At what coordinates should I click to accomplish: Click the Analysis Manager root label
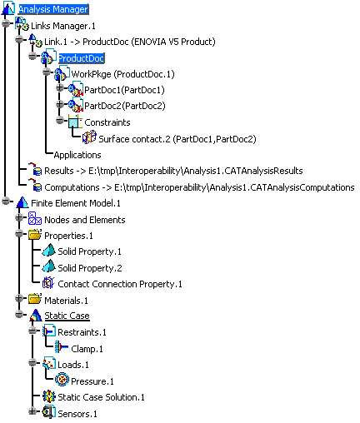pyautogui.click(x=53, y=9)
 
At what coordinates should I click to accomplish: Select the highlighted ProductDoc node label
pyautogui.click(x=81, y=58)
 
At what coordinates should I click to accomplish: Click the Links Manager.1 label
pyautogui.click(x=63, y=26)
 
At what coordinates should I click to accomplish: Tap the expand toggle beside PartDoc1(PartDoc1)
pyautogui.click(x=59, y=88)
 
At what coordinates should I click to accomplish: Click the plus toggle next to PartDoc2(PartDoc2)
pyautogui.click(x=59, y=104)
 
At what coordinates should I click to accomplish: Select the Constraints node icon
pyautogui.click(x=75, y=122)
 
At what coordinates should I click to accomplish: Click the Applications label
pyautogui.click(x=77, y=155)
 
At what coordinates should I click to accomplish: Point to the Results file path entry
pyautogui.click(x=173, y=171)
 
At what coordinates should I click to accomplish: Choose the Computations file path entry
pyautogui.click(x=199, y=187)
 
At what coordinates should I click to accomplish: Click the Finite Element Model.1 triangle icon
pyautogui.click(x=22, y=202)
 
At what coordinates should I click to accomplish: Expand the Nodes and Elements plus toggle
pyautogui.click(x=19, y=217)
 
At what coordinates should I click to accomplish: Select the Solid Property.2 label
pyautogui.click(x=90, y=268)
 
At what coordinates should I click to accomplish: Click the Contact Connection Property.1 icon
pyautogui.click(x=48, y=283)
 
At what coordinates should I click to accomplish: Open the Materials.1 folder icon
pyautogui.click(x=35, y=299)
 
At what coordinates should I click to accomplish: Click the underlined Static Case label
pyautogui.click(x=67, y=316)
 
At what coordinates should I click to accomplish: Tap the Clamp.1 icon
pyautogui.click(x=62, y=347)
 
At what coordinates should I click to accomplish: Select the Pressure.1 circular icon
pyautogui.click(x=62, y=379)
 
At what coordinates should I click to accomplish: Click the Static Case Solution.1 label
pyautogui.click(x=101, y=397)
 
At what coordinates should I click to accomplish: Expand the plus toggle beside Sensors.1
pyautogui.click(x=32, y=411)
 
